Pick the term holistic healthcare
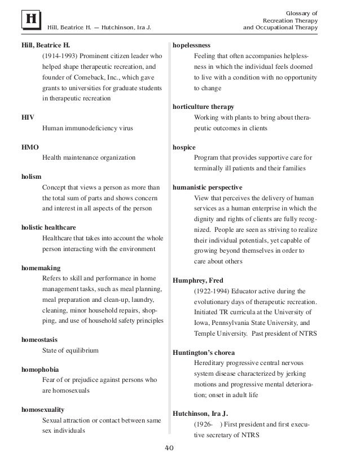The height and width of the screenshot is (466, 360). point(47,227)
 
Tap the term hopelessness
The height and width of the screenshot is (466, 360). point(192,45)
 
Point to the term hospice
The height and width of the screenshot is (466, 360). point(183,147)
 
